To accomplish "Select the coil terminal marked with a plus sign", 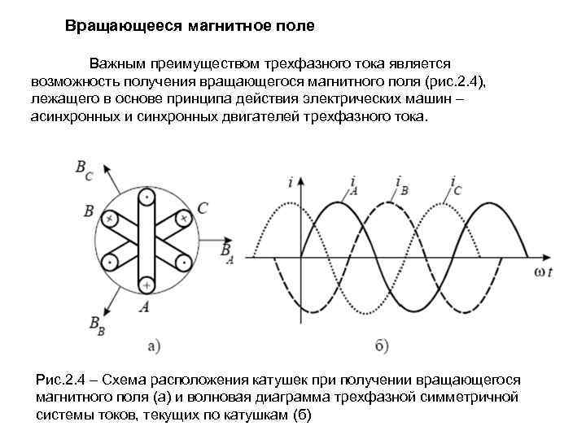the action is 146,285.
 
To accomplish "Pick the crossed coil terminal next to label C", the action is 183,219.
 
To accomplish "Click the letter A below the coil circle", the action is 145,306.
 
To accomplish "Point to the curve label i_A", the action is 352,185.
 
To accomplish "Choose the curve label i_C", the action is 456,185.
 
